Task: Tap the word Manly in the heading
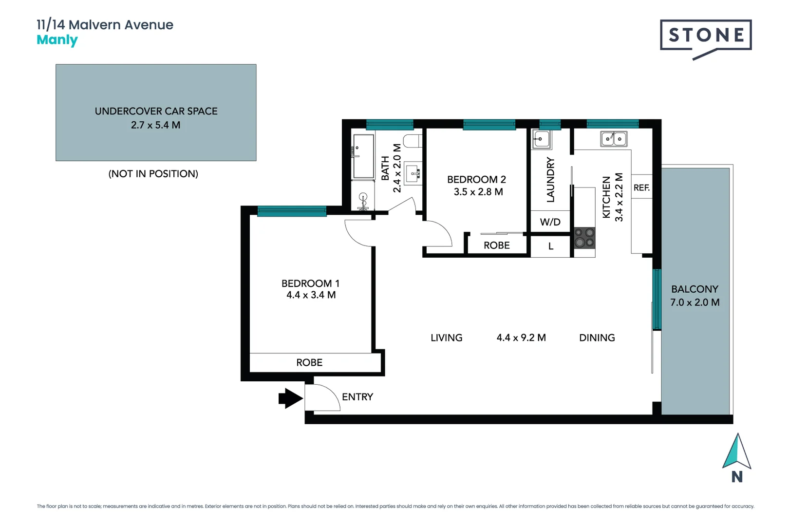click(57, 40)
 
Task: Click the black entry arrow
click(290, 398)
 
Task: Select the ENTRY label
click(357, 397)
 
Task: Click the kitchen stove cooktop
click(584, 238)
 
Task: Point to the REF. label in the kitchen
click(641, 188)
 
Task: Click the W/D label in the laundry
click(550, 222)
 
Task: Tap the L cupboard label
click(550, 246)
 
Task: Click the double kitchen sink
click(613, 139)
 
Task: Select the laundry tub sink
click(541, 139)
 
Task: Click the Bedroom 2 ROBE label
click(496, 245)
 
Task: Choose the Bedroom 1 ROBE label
click(309, 362)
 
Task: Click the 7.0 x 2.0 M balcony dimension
click(695, 302)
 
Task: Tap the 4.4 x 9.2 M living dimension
click(521, 338)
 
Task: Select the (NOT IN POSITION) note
click(153, 174)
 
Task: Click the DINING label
click(597, 338)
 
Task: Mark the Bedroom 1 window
click(291, 211)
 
